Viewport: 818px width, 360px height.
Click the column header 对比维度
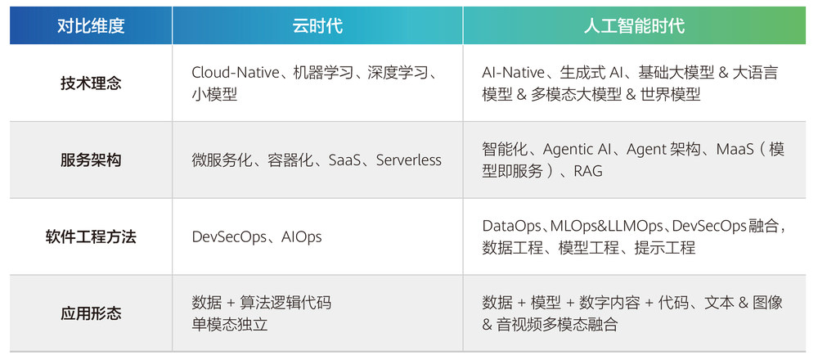(x=91, y=26)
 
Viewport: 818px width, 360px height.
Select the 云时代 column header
(x=317, y=26)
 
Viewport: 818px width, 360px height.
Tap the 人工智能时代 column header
(x=634, y=26)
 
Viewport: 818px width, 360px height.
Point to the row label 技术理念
(x=91, y=83)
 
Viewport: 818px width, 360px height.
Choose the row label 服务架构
(x=91, y=160)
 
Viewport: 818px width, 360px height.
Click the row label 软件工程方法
(x=91, y=237)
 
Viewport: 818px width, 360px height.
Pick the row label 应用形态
(x=91, y=313)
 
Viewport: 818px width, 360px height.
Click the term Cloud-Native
(x=236, y=73)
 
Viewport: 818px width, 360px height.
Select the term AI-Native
(x=514, y=73)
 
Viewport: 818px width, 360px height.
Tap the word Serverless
(x=408, y=160)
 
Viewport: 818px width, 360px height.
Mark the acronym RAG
(x=588, y=171)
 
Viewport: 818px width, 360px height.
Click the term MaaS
(x=735, y=150)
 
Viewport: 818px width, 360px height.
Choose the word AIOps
(x=302, y=237)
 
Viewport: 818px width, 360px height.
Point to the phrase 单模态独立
(x=230, y=325)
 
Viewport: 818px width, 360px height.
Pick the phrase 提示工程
(x=664, y=248)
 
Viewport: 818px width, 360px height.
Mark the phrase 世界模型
(x=671, y=94)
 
